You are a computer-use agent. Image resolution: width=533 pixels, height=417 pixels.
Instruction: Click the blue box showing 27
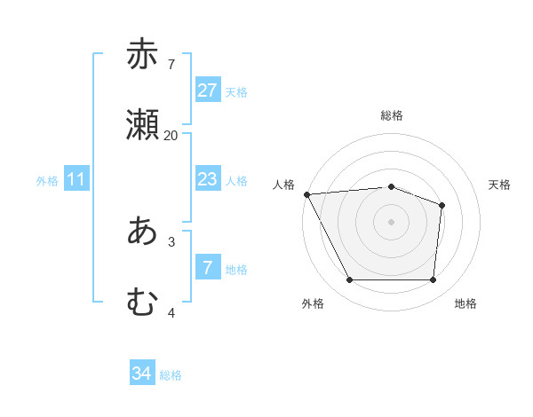point(208,90)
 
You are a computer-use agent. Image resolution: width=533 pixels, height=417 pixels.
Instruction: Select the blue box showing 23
point(208,179)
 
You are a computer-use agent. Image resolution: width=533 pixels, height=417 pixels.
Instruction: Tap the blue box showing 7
point(208,268)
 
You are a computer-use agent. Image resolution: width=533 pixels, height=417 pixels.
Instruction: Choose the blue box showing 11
point(76,179)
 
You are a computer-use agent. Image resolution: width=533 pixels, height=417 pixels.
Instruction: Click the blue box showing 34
point(142,374)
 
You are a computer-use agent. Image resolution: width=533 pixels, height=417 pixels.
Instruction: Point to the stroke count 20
point(171,135)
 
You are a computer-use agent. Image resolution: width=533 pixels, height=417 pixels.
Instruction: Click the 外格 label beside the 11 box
point(47,181)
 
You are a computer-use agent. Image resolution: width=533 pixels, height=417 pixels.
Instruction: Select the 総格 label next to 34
point(171,375)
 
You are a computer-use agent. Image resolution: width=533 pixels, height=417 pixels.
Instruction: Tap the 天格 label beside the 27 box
point(236,92)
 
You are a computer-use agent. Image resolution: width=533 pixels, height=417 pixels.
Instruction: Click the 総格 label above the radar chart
point(392,115)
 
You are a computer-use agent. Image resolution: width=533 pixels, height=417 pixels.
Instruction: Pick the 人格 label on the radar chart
point(283,185)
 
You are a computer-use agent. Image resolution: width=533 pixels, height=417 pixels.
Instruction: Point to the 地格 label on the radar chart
point(465,303)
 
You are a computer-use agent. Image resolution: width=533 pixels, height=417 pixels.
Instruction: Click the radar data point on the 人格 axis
point(306,194)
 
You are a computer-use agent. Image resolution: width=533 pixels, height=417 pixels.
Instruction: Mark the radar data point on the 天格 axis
point(442,206)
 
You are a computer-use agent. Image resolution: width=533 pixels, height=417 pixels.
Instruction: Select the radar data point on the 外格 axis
point(349,280)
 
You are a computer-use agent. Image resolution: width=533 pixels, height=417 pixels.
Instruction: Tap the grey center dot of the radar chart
point(392,222)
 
